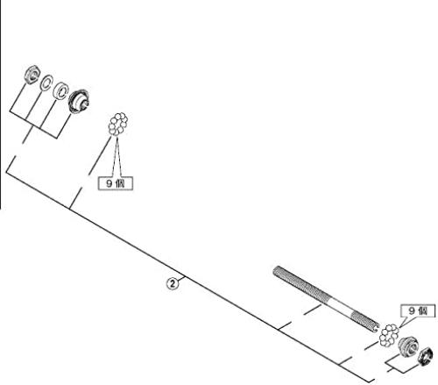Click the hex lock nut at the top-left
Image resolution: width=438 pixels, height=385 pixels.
pyautogui.click(x=32, y=74)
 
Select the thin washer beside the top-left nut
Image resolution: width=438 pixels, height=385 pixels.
pyautogui.click(x=46, y=82)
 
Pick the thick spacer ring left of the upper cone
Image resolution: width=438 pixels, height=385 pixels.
pyautogui.click(x=60, y=90)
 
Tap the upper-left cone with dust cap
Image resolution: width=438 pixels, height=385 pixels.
pyautogui.click(x=79, y=101)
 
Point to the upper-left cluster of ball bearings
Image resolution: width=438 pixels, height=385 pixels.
pyautogui.click(x=118, y=125)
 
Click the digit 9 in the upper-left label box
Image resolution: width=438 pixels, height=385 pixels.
pyautogui.click(x=109, y=183)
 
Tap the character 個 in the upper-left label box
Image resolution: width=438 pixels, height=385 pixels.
pyautogui.click(x=120, y=183)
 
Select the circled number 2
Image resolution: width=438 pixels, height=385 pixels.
pyautogui.click(x=173, y=283)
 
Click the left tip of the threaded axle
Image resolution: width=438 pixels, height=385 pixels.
pyautogui.click(x=275, y=271)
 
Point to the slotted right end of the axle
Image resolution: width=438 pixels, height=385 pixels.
pyautogui.click(x=375, y=327)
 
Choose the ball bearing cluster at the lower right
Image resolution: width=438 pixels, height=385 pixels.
pyautogui.click(x=389, y=335)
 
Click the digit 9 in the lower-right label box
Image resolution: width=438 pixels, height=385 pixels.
pyautogui.click(x=412, y=310)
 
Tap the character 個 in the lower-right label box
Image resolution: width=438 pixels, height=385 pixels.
pyautogui.click(x=423, y=310)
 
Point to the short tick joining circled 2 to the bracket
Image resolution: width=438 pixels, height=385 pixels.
pyautogui.click(x=180, y=279)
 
